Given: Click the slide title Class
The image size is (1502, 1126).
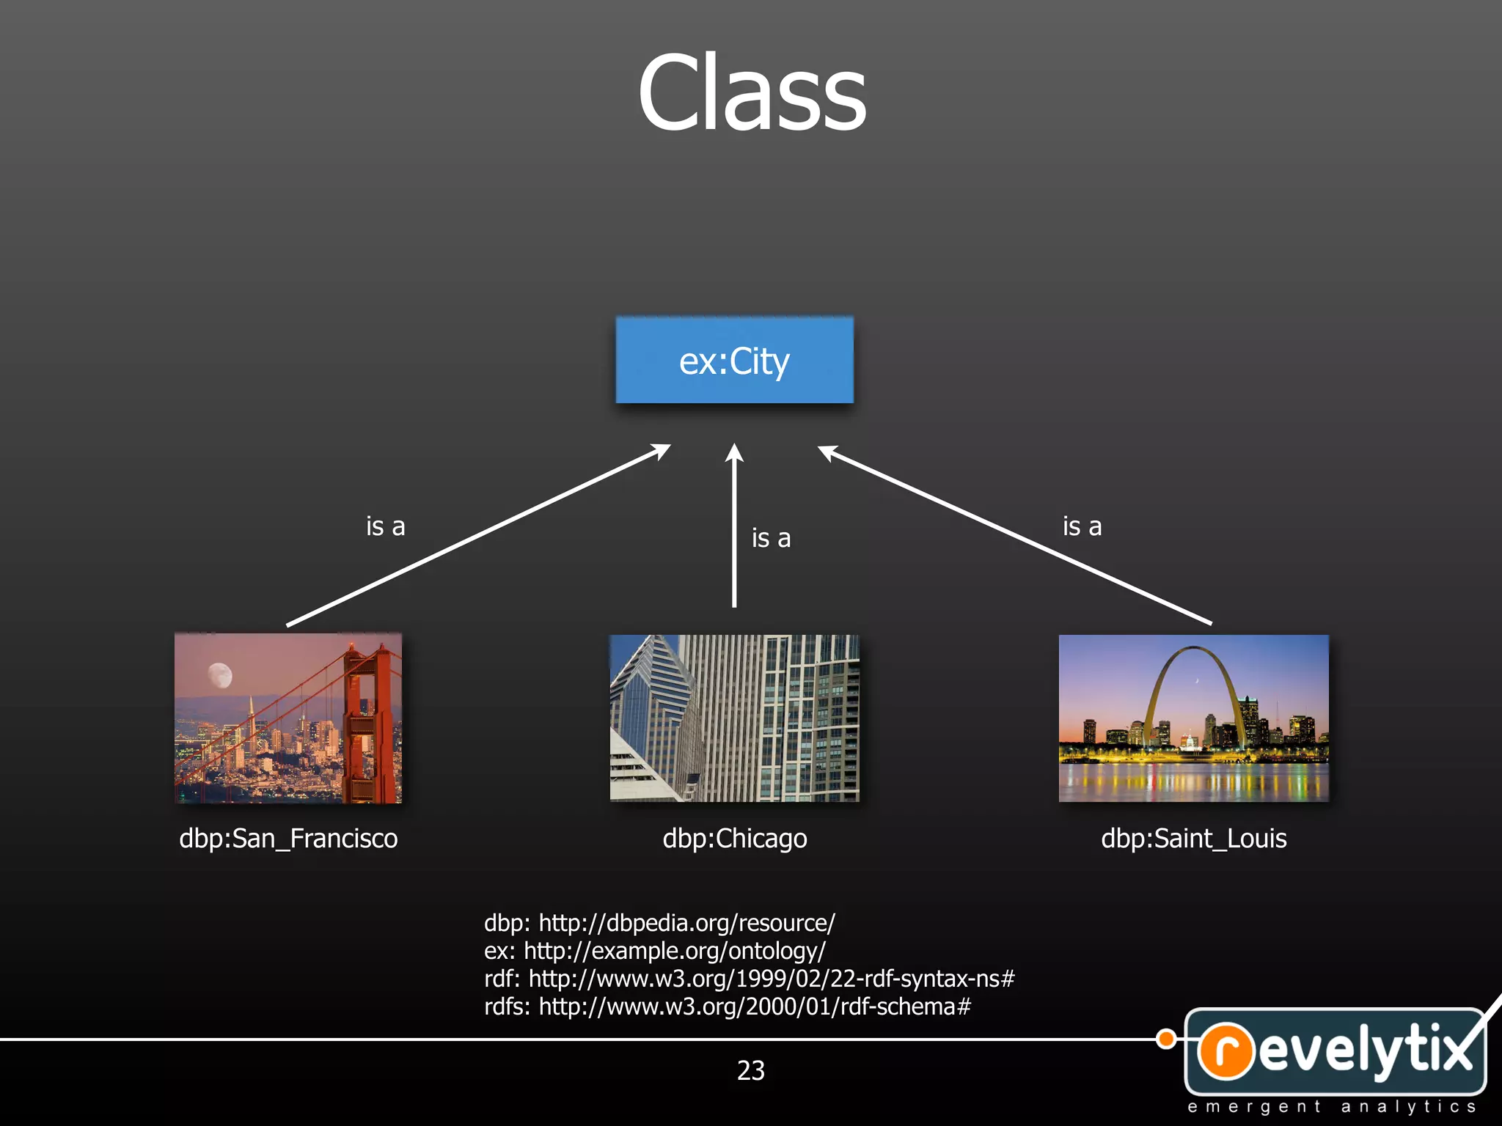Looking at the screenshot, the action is click(x=752, y=93).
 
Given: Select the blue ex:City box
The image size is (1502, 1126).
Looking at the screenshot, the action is click(x=734, y=360).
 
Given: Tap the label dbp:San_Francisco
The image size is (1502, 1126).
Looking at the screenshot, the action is click(x=288, y=838).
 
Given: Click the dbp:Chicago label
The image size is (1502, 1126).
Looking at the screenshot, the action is click(x=735, y=838).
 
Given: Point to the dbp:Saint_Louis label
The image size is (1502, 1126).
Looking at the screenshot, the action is click(x=1193, y=838).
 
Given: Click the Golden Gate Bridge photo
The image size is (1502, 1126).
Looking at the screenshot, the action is click(x=288, y=718).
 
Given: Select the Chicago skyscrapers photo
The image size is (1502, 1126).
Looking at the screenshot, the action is click(x=734, y=718).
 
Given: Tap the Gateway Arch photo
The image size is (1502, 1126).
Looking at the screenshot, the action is click(x=1193, y=718).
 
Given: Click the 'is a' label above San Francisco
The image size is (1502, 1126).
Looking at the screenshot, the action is click(x=385, y=526).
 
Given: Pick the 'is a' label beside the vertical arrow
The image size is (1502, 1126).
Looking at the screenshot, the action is click(x=771, y=538).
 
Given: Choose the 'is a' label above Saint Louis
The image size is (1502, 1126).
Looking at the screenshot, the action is click(x=1082, y=526).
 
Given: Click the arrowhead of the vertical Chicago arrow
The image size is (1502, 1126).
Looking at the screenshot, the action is click(x=734, y=453).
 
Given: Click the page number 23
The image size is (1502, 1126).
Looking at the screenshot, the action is click(x=750, y=1070).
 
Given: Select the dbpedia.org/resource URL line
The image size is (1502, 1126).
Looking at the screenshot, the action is click(x=659, y=922).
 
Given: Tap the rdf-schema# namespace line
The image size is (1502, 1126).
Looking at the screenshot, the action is click(x=727, y=1007).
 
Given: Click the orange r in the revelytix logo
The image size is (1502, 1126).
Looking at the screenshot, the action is click(x=1226, y=1050).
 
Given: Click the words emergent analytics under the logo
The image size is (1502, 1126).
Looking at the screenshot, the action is click(x=1331, y=1106).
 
